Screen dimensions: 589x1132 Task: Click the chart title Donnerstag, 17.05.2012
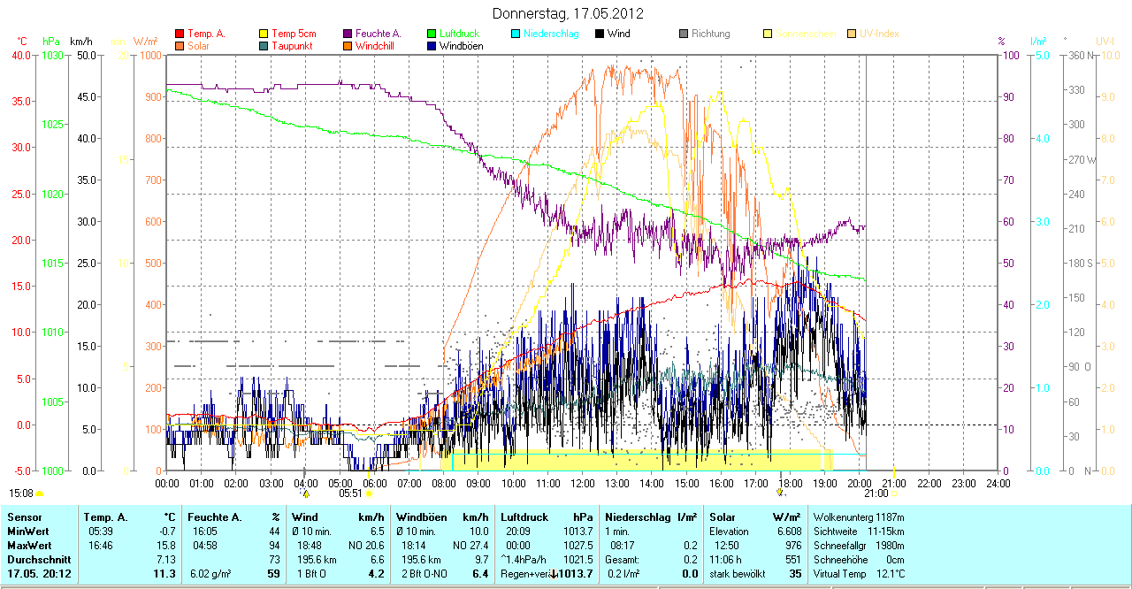(567, 14)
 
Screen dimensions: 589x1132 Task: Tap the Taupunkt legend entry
(293, 46)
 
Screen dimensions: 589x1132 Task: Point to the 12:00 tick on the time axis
(583, 484)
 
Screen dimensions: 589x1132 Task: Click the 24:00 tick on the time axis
(998, 484)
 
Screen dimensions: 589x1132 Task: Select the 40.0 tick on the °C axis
(19, 56)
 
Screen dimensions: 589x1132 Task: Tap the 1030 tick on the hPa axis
(52, 56)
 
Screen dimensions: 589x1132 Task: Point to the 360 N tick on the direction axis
(1082, 56)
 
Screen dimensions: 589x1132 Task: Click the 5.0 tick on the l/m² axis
(1042, 56)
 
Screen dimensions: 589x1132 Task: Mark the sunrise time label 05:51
(350, 493)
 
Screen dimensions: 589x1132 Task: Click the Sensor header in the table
(25, 516)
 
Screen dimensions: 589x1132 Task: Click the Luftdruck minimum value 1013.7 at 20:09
(578, 532)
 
